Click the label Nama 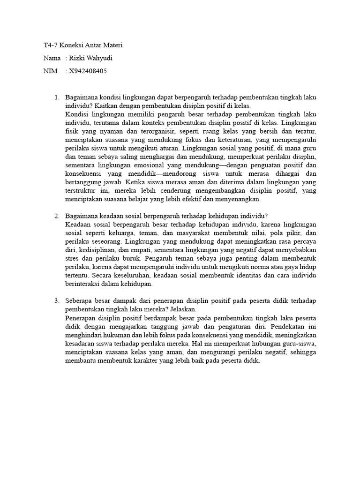point(52,58)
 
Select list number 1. point(56,97)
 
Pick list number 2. point(56,216)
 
